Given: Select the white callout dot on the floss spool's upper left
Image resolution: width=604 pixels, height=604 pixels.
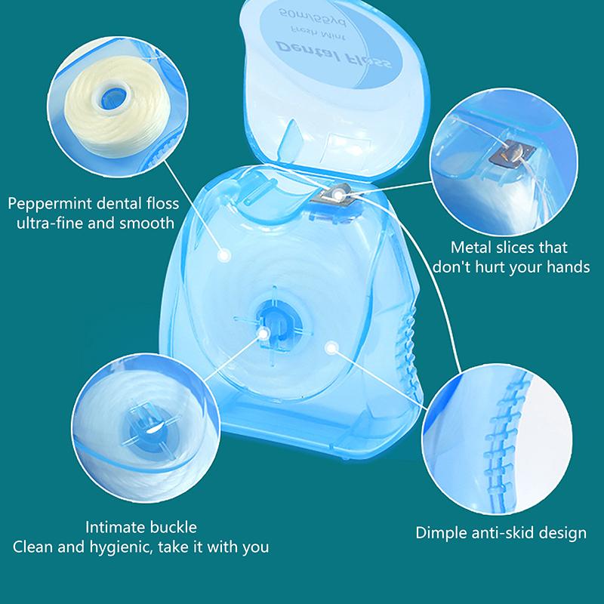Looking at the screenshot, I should click(223, 256).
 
